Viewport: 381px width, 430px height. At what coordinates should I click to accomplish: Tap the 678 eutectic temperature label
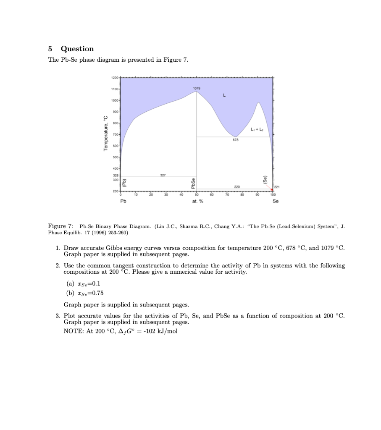point(237,140)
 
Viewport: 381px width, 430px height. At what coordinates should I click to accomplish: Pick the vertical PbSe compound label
point(193,184)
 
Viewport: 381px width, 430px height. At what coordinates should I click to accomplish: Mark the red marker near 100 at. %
point(272,190)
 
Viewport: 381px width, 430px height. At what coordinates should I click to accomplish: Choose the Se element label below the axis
point(276,201)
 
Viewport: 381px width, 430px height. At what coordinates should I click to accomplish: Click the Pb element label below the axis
point(123,201)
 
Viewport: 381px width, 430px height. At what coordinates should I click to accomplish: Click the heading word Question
point(77,49)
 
